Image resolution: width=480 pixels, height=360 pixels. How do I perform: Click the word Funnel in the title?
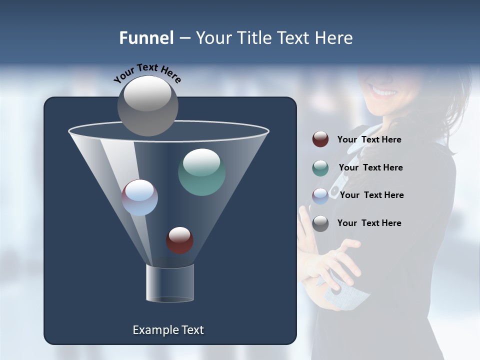(x=146, y=38)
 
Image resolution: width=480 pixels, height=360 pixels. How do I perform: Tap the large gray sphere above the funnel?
(x=147, y=105)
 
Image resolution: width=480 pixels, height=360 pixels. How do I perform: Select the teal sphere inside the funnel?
(x=201, y=172)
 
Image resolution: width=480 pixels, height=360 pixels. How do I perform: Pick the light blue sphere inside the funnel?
(x=139, y=197)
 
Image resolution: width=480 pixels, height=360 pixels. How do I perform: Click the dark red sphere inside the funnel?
(x=179, y=240)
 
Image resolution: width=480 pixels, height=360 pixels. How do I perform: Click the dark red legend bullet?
(x=320, y=139)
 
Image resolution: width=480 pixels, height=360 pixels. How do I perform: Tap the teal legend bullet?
(x=320, y=168)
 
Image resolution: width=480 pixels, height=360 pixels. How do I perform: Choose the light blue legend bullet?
(x=320, y=196)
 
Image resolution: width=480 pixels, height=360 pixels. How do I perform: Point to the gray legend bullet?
(x=320, y=223)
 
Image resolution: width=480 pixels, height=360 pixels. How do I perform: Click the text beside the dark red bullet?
(x=369, y=140)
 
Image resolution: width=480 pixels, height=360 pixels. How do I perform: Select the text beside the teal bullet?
(x=370, y=168)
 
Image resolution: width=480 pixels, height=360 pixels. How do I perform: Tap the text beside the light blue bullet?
(x=371, y=195)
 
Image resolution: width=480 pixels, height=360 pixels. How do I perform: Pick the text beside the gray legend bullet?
(x=369, y=223)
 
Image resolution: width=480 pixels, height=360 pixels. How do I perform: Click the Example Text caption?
(x=168, y=330)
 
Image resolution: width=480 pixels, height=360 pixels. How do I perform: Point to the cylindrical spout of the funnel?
(x=170, y=283)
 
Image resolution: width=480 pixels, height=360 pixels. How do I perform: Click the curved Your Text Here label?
(x=147, y=72)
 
